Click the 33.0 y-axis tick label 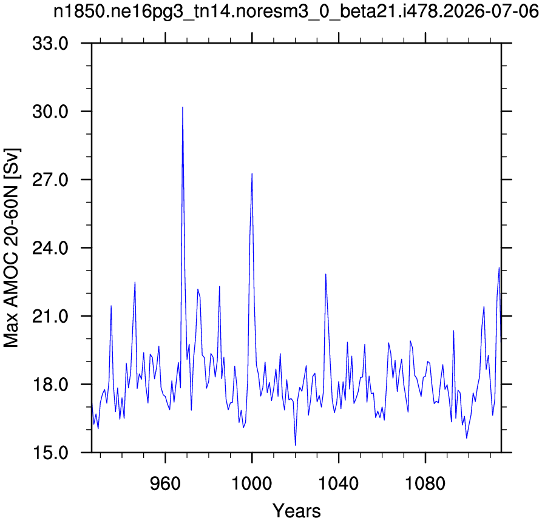click(50, 44)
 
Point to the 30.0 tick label click(50, 112)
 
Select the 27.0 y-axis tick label click(50, 180)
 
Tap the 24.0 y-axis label click(50, 248)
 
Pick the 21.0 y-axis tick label click(50, 317)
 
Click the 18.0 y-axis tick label click(50, 385)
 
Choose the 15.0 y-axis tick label click(50, 452)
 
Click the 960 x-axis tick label click(166, 483)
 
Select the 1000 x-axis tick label click(252, 483)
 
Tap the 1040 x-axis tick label click(339, 483)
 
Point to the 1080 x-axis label click(425, 483)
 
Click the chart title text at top click(296, 13)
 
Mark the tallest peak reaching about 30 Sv click(183, 107)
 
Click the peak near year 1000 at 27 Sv click(252, 174)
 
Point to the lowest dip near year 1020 click(295, 445)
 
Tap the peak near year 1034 click(325, 274)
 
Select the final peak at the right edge click(499, 267)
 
